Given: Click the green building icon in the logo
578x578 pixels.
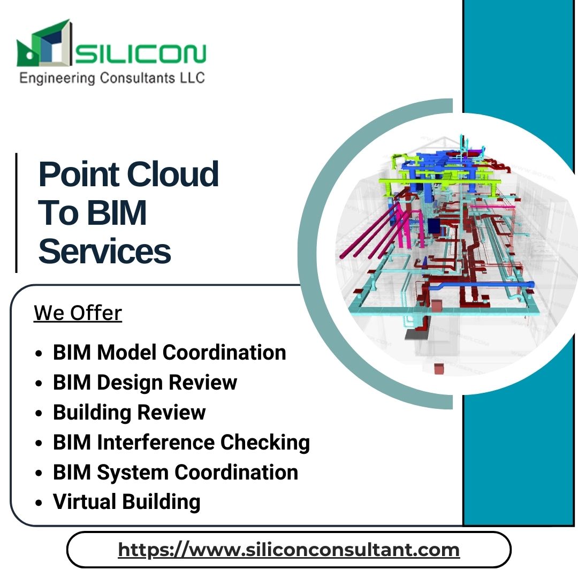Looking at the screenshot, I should pyautogui.click(x=43, y=45).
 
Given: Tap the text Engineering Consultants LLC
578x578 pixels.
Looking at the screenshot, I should pyautogui.click(x=112, y=78).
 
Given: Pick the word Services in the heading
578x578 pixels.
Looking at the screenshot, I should pyautogui.click(x=105, y=252).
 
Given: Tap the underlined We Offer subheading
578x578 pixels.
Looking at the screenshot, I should pyautogui.click(x=78, y=313).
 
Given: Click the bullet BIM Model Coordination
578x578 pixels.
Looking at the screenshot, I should pyautogui.click(x=169, y=353).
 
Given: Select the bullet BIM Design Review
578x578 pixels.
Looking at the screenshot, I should pyautogui.click(x=144, y=383).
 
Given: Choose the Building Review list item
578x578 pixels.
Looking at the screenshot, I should pyautogui.click(x=129, y=413).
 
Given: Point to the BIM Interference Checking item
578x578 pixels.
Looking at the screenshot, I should pyautogui.click(x=181, y=443).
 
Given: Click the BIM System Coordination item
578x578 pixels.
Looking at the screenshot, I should pyautogui.click(x=175, y=473).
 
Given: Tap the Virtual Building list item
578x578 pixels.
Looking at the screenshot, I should pyautogui.click(x=126, y=502).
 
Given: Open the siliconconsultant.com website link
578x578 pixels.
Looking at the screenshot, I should pyautogui.click(x=288, y=550).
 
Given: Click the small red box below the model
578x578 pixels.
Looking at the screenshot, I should pyautogui.click(x=439, y=369).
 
